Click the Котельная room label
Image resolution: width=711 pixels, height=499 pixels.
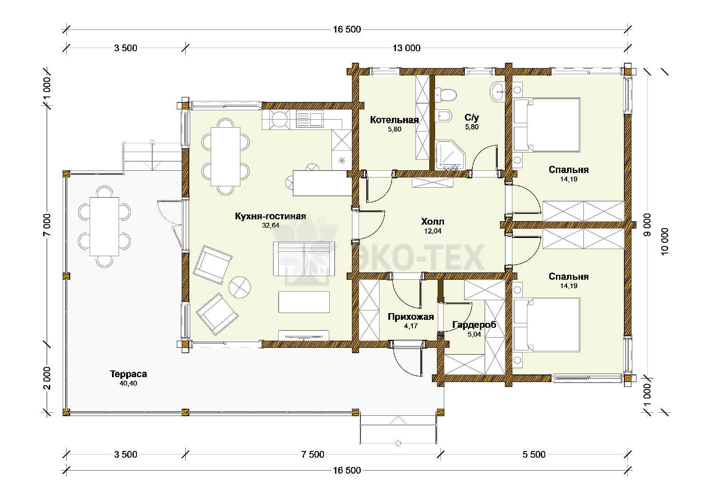click(394, 120)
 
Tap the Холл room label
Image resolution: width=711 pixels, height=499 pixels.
click(432, 221)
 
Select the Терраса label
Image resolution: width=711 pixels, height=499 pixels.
click(128, 374)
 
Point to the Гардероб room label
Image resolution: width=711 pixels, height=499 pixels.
click(474, 325)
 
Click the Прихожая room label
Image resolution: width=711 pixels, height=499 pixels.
click(411, 317)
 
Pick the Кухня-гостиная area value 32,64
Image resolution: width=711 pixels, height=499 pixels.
click(271, 225)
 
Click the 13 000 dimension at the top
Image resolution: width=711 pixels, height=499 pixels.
click(407, 48)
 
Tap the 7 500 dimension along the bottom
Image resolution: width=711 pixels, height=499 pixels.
click(313, 454)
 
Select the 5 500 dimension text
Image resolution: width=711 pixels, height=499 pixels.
click(534, 454)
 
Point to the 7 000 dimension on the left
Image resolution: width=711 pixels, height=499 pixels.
click(47, 225)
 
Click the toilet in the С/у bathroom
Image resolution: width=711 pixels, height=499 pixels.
click(446, 95)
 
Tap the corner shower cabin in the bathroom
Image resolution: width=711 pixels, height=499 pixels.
click(451, 155)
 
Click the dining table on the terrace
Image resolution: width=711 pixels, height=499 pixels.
click(104, 226)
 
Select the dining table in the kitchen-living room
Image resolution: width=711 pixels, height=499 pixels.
click(225, 157)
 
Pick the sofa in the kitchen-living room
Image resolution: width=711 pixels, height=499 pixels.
click(304, 258)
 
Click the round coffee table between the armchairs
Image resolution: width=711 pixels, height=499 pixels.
click(240, 287)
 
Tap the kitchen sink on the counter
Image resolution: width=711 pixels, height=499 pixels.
click(309, 119)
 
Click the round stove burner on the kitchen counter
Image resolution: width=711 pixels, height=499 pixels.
click(280, 120)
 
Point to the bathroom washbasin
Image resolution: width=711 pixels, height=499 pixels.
click(498, 92)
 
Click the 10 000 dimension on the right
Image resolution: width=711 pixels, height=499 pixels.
click(665, 241)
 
